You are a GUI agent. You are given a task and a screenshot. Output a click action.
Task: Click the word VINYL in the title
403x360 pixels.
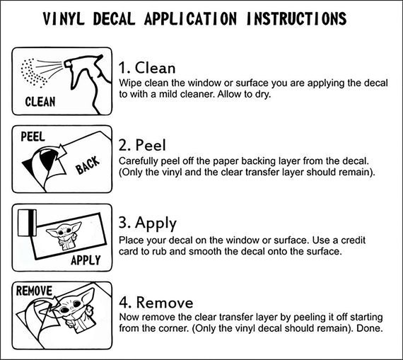[x=64, y=18]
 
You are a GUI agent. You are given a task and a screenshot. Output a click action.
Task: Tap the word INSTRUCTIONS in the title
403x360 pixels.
[x=296, y=18]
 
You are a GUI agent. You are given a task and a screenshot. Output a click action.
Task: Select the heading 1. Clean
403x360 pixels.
[x=147, y=68]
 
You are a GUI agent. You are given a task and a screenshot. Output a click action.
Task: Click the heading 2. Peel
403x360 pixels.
[x=142, y=145]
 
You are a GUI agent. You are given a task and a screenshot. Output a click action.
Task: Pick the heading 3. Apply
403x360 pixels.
[x=148, y=223]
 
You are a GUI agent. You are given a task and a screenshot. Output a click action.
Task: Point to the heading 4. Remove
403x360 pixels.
[x=156, y=302]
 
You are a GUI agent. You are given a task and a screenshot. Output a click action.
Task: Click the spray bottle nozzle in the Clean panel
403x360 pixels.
[x=68, y=63]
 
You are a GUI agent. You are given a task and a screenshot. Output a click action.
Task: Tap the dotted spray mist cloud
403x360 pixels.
[x=33, y=73]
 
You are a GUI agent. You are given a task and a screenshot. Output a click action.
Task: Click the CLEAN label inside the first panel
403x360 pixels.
[x=40, y=102]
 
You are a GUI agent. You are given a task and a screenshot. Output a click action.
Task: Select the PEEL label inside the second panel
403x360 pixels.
[x=33, y=137]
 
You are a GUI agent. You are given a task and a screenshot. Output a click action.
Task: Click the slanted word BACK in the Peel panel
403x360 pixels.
[x=88, y=165]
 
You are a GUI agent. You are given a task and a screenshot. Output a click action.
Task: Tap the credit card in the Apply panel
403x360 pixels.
[x=27, y=223]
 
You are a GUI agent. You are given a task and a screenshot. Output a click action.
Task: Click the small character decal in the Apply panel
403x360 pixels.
[x=64, y=236]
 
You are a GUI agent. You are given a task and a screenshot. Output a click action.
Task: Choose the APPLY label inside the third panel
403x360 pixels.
[x=86, y=260]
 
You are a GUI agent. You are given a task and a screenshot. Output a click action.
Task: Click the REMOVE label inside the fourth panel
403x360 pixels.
[x=34, y=291]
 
